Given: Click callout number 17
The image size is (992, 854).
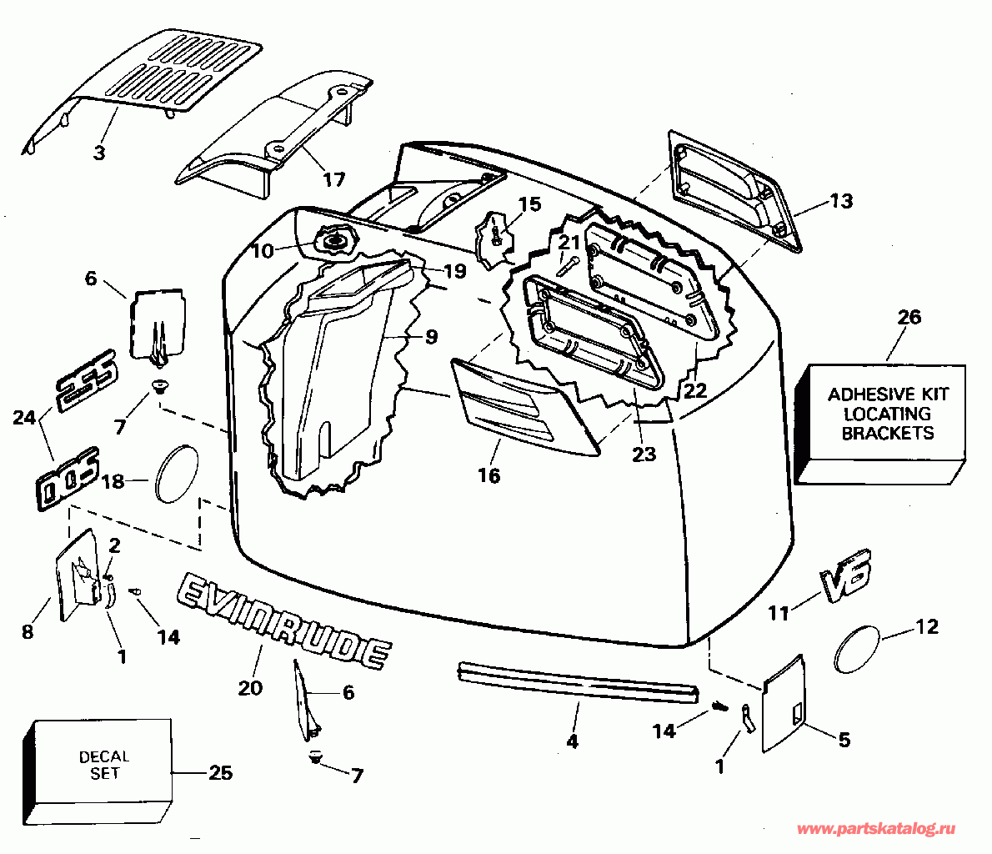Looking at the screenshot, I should click(x=333, y=178).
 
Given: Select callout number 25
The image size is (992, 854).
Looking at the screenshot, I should click(x=220, y=773).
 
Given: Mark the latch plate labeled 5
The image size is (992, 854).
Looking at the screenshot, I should click(x=784, y=705).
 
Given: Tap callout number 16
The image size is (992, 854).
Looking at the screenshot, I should click(x=488, y=475).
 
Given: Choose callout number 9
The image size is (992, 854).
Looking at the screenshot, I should click(x=430, y=337).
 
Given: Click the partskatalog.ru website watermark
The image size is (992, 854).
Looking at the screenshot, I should click(x=876, y=829).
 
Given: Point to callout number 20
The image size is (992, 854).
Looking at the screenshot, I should click(x=249, y=687).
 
